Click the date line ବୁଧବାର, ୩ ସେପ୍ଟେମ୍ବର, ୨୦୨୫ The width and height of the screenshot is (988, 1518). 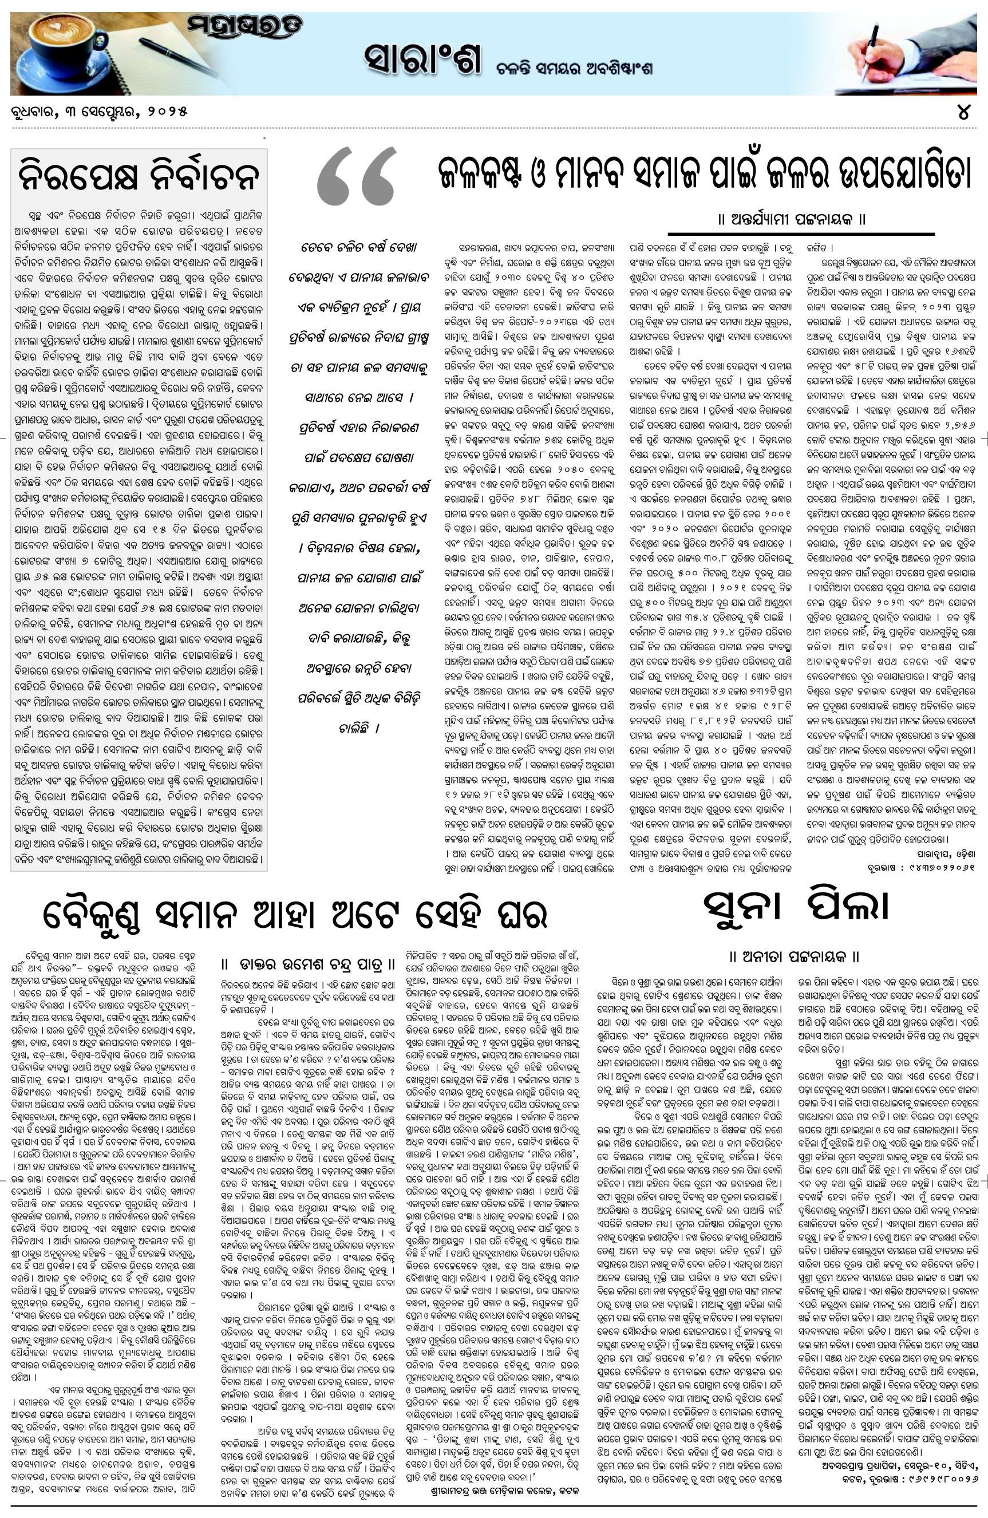point(100,112)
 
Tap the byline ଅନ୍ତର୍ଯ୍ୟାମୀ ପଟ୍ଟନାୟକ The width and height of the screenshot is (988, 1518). point(792,219)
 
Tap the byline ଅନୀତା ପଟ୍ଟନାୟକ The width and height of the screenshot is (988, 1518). point(795,956)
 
